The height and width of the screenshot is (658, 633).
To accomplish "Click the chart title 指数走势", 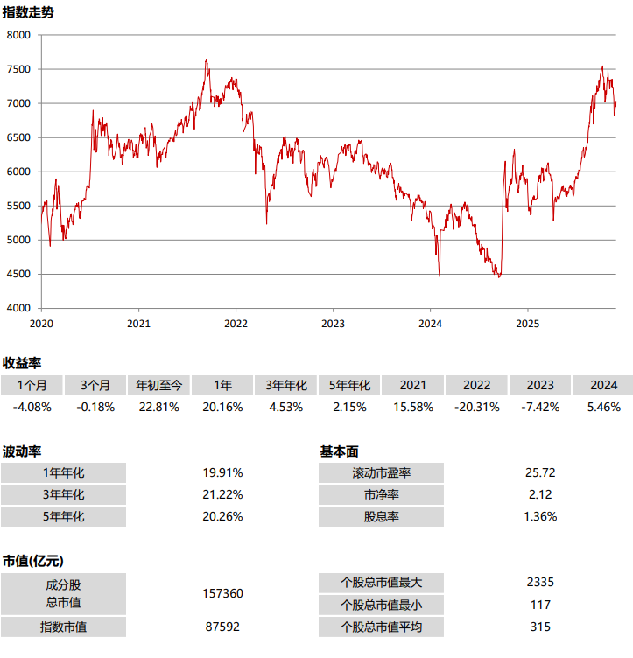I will point(26,11).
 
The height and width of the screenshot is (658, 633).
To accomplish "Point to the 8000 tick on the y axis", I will point(18,35).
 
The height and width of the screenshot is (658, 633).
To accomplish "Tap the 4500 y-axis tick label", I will point(18,275).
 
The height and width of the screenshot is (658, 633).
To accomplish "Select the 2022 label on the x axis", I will point(236,324).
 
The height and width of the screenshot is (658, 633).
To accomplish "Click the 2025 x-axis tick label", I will point(527,324).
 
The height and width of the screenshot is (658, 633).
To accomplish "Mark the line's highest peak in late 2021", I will point(207,59).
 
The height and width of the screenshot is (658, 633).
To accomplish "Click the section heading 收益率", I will point(22,362).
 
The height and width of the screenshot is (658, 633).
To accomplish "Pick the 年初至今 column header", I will point(158,385).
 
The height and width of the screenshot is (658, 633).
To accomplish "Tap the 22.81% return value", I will point(158,407).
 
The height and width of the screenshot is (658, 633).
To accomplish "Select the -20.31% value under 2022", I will point(476,407).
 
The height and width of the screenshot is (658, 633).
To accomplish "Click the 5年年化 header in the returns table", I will point(349,385).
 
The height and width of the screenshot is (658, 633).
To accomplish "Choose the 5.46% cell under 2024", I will point(603,407).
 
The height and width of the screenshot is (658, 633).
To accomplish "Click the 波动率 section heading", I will point(22,451).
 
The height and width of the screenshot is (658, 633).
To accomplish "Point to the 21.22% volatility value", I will point(222,494).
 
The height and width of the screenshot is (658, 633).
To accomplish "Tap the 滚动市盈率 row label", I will point(381,473).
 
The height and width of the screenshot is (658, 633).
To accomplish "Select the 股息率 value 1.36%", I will point(540,516).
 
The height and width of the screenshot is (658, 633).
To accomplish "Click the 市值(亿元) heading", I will point(34,561).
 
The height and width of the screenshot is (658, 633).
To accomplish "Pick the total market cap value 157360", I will point(222,593).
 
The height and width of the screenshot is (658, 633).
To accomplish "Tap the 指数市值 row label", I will point(63,626).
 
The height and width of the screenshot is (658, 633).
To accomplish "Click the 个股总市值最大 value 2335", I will point(540,583).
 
